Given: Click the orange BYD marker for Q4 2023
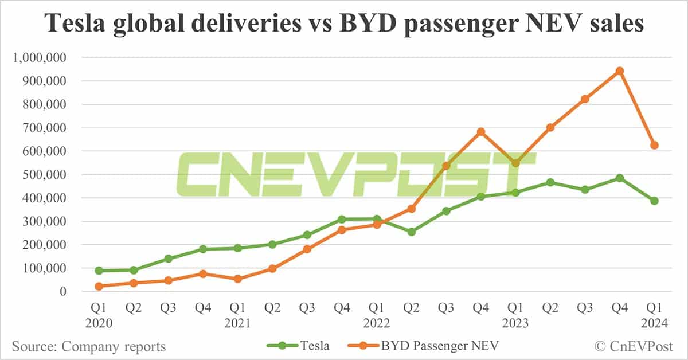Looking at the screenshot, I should pos(619,71).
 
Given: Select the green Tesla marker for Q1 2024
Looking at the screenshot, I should pos(654,201).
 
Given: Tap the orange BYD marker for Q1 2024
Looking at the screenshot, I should pos(654,145).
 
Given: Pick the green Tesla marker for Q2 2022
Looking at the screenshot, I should pos(411,232).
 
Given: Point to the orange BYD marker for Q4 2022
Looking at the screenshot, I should pos(481,132).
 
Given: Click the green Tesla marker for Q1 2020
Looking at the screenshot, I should pos(99,271).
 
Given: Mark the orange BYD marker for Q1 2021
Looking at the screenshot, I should pos(238,279).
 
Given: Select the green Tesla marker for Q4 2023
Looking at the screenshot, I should pos(619,178).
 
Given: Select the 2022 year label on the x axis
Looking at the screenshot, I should pos(376,324).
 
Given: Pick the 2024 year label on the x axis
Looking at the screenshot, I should pos(654,324).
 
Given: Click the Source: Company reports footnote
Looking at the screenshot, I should pos(89,346).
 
